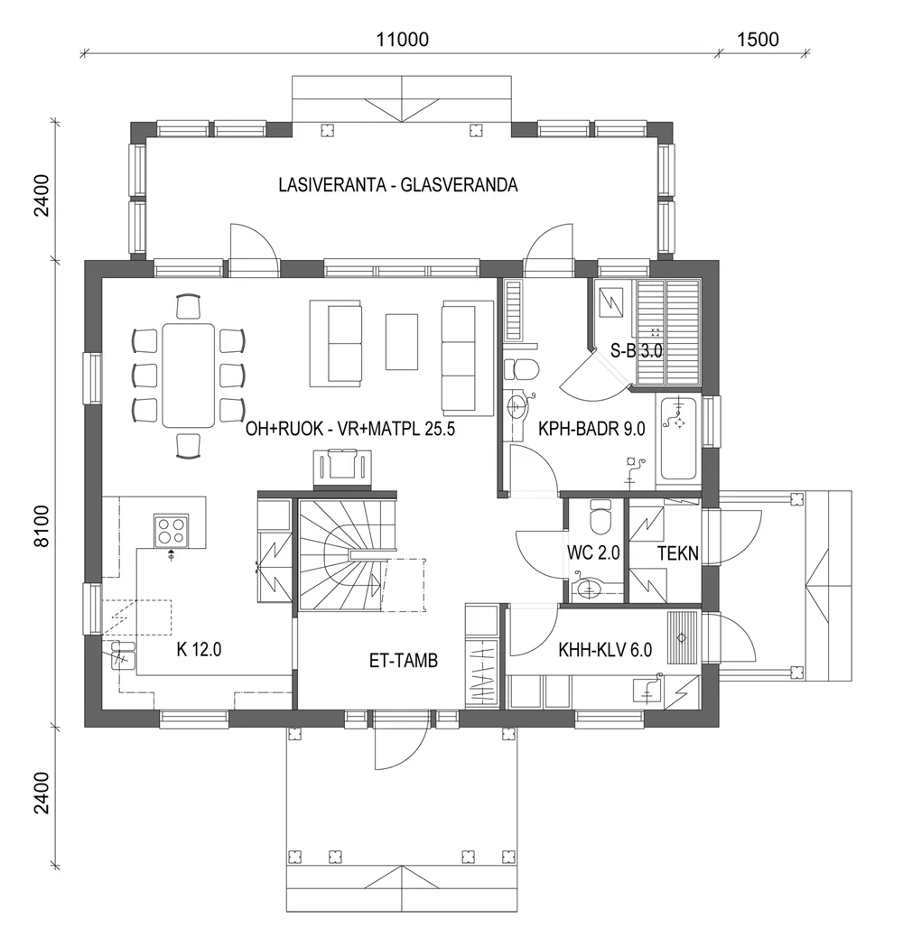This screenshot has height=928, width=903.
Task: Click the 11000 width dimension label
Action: [402, 39]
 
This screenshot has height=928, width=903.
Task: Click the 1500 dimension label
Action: [758, 39]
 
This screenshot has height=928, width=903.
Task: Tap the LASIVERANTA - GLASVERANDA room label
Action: [397, 186]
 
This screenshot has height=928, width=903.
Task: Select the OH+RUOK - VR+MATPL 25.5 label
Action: [349, 430]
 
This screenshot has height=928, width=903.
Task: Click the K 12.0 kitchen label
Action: [200, 647]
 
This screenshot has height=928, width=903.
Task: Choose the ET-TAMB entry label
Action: [404, 661]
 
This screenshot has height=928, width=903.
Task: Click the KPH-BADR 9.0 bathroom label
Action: [591, 430]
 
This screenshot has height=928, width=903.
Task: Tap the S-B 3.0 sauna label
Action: [637, 352]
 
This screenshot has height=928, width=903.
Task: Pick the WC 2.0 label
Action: [593, 553]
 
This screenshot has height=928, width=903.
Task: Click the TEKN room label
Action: [677, 553]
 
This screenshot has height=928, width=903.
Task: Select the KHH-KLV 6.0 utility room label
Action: [605, 647]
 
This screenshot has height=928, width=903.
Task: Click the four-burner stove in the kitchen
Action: [171, 529]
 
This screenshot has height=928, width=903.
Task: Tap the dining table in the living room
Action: [189, 375]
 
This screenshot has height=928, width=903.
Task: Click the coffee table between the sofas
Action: [402, 340]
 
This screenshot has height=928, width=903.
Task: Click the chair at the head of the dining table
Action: [189, 306]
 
